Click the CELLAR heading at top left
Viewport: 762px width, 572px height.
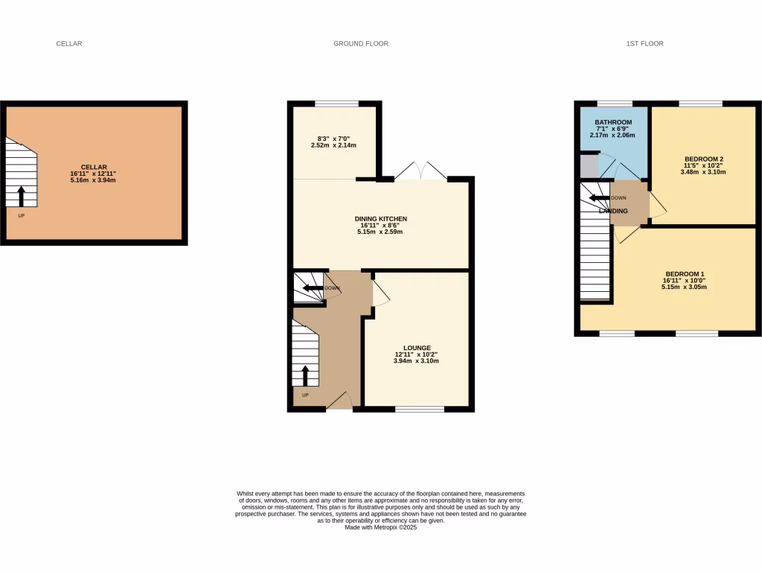tap(69, 44)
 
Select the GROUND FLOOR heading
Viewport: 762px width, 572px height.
tap(361, 44)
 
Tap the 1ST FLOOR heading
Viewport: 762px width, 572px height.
tap(644, 44)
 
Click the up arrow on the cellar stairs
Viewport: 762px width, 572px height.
tap(21, 196)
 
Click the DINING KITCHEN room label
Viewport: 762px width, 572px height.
tap(380, 218)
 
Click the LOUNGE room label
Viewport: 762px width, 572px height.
tap(417, 347)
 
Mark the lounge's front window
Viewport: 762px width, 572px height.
tap(420, 408)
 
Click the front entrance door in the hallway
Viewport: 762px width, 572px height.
tap(339, 402)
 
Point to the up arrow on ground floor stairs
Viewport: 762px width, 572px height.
tap(304, 375)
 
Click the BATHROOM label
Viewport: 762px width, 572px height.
tap(613, 122)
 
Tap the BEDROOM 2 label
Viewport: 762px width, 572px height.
tap(703, 159)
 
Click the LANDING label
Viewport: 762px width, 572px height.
tap(614, 212)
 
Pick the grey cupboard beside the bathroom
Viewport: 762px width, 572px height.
tap(589, 165)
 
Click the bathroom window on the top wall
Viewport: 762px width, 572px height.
tap(615, 103)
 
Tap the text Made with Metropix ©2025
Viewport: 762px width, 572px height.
tap(380, 527)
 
